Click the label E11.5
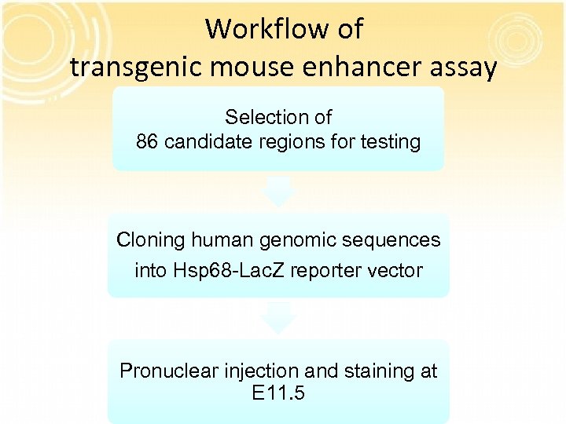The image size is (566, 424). tap(278, 393)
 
